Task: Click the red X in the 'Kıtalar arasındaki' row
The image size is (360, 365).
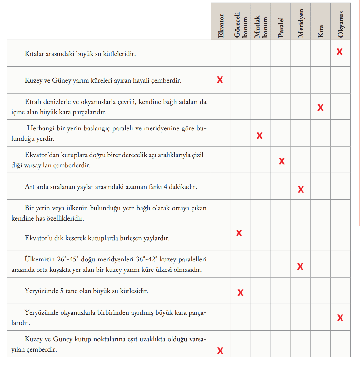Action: pos(340,52)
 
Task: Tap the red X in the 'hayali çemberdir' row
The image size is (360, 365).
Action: pos(220,80)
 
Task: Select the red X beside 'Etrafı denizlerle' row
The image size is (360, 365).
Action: pos(320,108)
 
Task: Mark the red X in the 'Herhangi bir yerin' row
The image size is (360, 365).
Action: pos(260,136)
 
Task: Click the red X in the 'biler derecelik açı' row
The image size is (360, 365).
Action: pos(282,161)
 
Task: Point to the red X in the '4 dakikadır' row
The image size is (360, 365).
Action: pos(301,189)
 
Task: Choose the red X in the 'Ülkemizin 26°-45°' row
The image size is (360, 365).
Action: pos(300,266)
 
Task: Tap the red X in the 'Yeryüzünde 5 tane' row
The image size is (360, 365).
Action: pos(240,293)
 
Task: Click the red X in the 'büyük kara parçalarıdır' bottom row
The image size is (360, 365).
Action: pos(340,318)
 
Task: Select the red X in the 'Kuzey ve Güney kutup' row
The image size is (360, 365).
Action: pos(220,351)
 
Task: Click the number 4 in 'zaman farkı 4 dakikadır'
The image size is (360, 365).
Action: pos(165,187)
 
